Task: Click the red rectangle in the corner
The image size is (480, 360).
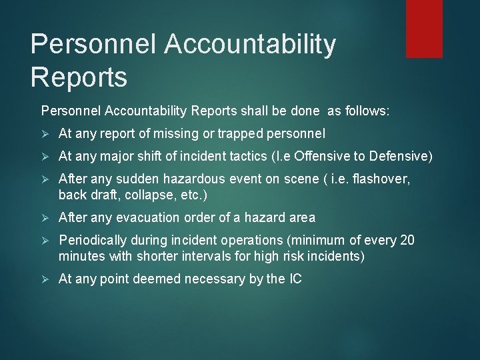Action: click(x=424, y=28)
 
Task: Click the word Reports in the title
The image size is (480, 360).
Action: click(x=79, y=78)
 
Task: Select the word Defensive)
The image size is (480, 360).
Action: click(x=397, y=156)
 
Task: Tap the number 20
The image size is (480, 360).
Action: click(x=407, y=240)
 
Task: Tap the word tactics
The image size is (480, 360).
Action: click(x=249, y=156)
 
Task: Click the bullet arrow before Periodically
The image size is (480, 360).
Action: click(x=45, y=241)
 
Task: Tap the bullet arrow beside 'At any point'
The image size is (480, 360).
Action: click(x=45, y=279)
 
